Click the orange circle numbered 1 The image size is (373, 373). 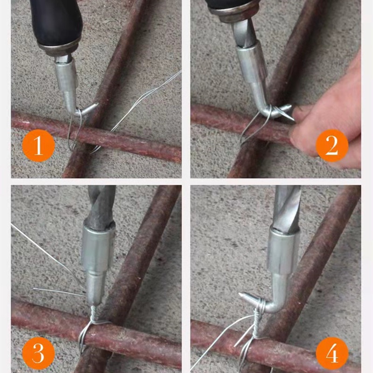(38, 145)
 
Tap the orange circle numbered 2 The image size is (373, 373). (332, 145)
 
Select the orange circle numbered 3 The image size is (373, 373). (38, 353)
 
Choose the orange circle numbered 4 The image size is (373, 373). (332, 353)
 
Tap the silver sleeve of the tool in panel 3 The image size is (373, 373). (98, 248)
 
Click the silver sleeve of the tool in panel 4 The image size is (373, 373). (283, 252)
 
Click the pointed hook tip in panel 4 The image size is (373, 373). (241, 295)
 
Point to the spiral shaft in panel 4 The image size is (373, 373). (287, 207)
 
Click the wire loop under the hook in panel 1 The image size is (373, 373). (75, 131)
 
